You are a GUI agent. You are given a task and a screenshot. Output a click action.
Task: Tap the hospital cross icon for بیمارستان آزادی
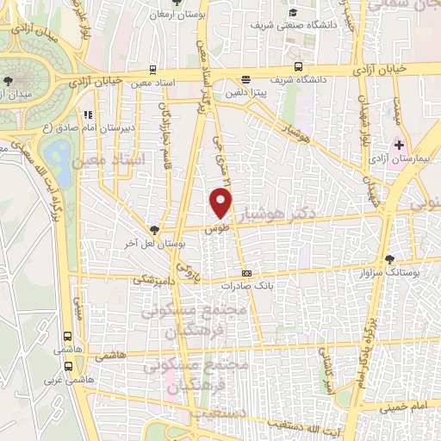click(399, 143)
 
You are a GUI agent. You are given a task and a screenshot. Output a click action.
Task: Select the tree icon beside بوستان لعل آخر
click(154, 230)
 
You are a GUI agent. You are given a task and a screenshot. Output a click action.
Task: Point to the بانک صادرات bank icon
click(247, 297)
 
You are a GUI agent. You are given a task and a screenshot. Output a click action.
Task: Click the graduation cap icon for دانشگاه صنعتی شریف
click(294, 12)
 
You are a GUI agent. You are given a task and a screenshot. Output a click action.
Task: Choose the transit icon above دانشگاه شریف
click(298, 65)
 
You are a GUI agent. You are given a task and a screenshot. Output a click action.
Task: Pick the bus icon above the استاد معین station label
click(152, 70)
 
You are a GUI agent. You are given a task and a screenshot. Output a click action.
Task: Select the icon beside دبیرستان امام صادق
click(87, 114)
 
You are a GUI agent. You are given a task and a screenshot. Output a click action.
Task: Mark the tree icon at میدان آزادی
click(8, 80)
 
